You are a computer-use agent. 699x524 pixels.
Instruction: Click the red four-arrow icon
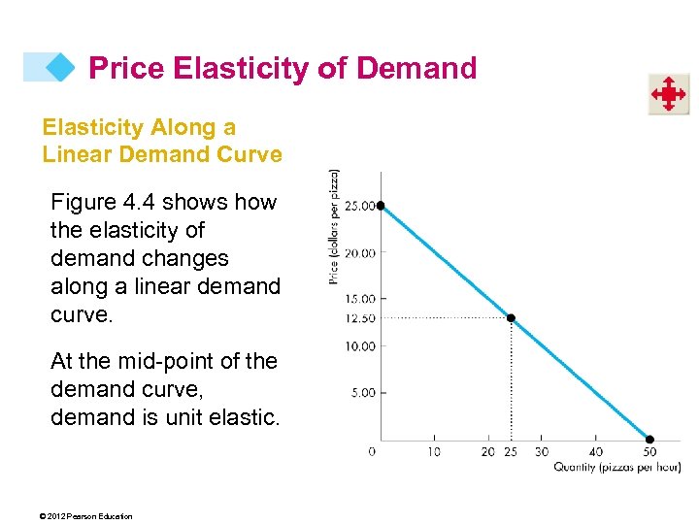(668, 94)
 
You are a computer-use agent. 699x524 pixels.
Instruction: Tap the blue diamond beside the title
(60, 67)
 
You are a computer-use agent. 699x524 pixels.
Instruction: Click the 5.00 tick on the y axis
(362, 393)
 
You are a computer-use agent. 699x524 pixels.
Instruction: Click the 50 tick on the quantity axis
(649, 451)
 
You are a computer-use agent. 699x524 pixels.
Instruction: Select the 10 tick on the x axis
(434, 451)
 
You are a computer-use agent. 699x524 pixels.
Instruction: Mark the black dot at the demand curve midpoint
(512, 318)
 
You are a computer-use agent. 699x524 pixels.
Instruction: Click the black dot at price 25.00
(381, 206)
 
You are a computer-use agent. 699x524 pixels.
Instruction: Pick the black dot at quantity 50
(649, 440)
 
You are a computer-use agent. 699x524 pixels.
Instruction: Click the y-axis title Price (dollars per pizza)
(334, 227)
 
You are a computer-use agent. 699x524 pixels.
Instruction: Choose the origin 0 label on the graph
(372, 451)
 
